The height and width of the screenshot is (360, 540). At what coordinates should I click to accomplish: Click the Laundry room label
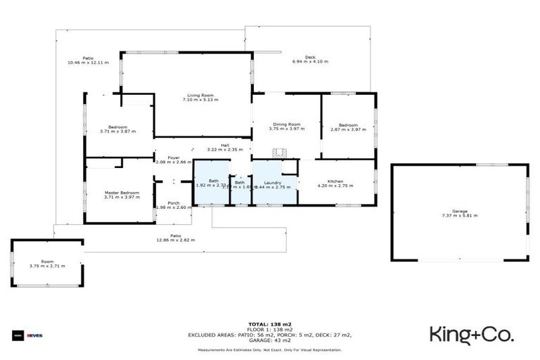click(x=273, y=182)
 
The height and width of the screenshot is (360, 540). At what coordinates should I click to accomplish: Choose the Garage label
click(x=460, y=211)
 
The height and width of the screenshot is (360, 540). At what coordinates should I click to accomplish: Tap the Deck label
click(x=310, y=57)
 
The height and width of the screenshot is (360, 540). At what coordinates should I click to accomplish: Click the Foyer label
click(x=173, y=157)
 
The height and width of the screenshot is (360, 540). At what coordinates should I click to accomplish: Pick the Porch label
click(x=173, y=203)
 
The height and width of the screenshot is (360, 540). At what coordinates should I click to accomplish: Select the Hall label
click(x=225, y=145)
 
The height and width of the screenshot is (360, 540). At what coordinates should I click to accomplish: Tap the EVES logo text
click(x=34, y=335)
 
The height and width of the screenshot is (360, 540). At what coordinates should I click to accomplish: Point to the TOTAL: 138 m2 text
click(x=270, y=324)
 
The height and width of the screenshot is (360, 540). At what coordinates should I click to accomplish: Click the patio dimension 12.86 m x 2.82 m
click(x=175, y=240)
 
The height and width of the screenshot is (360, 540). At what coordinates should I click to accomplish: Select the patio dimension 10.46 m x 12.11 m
click(x=88, y=63)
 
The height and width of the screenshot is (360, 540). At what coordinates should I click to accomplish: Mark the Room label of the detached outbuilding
click(x=47, y=262)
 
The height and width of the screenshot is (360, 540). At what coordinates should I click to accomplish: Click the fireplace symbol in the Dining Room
click(x=279, y=153)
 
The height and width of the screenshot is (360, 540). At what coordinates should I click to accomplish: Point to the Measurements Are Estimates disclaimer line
click(x=270, y=349)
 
